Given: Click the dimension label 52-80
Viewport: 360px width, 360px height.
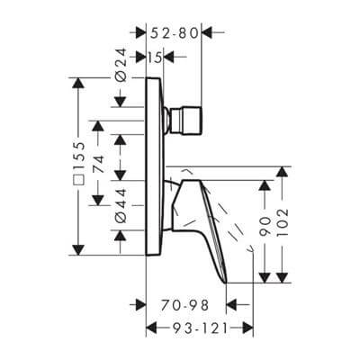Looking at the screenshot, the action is [175, 33].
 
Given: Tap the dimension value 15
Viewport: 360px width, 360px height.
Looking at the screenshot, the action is [155, 58].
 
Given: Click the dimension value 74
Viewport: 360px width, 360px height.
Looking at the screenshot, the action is [99, 164].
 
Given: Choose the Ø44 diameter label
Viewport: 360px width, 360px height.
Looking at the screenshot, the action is [121, 205].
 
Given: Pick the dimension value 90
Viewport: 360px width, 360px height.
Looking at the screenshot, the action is [265, 226].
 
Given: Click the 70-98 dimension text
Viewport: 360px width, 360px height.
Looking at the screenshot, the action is [184, 306].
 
